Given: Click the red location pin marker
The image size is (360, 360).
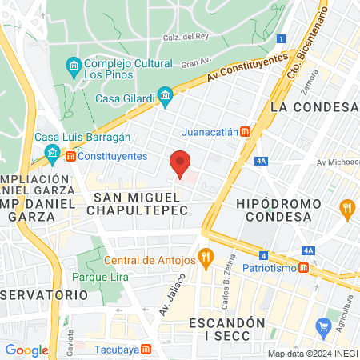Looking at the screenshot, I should (181, 162).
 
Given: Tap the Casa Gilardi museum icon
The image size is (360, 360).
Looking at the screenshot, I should (166, 98).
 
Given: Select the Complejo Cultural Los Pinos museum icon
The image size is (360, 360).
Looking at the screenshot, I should (73, 64).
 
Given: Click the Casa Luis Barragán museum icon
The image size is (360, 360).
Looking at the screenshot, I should (53, 152).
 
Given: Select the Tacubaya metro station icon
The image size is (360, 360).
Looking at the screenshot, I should (146, 349).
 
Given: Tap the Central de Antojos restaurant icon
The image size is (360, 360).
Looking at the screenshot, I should (206, 257).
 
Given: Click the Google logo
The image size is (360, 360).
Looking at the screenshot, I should (26, 350).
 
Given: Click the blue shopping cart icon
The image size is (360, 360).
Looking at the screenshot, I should (324, 326).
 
